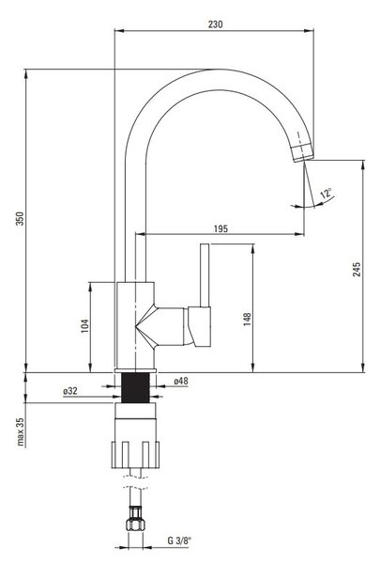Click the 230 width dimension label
(215, 24)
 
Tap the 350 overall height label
(20, 219)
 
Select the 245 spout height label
(357, 270)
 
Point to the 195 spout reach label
(220, 228)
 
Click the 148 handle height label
(247, 319)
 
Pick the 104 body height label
(84, 326)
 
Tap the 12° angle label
(326, 194)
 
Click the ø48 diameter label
(181, 381)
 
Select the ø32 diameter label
(70, 391)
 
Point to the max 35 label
(20, 431)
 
